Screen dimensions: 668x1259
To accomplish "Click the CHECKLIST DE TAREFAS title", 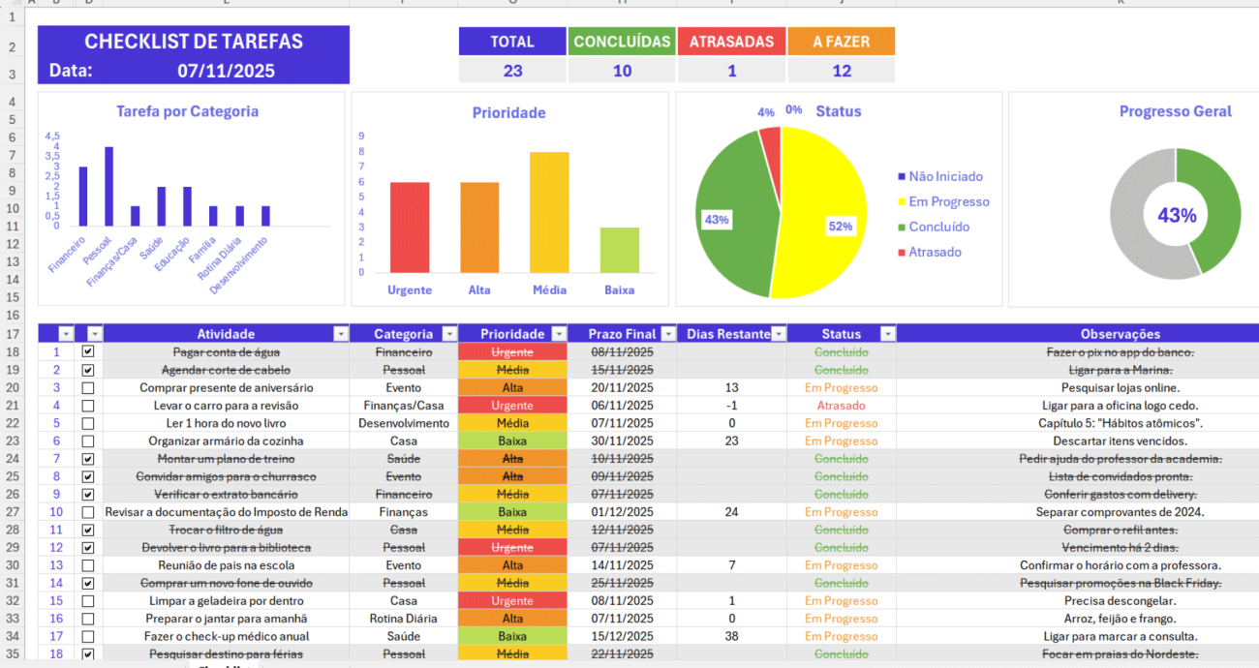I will click(194, 42).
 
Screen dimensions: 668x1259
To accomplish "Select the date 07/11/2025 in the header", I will click(226, 71).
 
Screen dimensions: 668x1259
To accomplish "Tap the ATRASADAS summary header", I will click(731, 42).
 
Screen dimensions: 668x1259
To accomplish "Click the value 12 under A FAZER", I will click(841, 71).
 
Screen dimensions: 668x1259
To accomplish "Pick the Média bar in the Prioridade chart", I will click(549, 212).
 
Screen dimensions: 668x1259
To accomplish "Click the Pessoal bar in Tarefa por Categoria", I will click(109, 186).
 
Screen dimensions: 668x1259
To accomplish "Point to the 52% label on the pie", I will click(840, 227).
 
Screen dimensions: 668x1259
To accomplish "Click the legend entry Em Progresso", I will click(948, 201).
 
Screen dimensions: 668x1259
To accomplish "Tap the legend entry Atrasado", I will click(935, 252).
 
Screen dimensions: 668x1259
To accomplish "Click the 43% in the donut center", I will click(1177, 216).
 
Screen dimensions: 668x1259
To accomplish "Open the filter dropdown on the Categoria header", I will click(448, 334).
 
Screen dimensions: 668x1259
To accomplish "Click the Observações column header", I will click(1120, 334).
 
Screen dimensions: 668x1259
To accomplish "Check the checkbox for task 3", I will click(88, 388).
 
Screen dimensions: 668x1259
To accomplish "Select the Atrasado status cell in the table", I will click(841, 406).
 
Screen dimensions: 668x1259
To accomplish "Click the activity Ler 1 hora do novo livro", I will click(226, 423).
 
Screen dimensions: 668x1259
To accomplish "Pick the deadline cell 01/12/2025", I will click(622, 512).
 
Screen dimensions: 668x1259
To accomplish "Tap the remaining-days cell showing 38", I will click(731, 636).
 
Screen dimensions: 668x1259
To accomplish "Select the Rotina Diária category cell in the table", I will click(403, 619).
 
